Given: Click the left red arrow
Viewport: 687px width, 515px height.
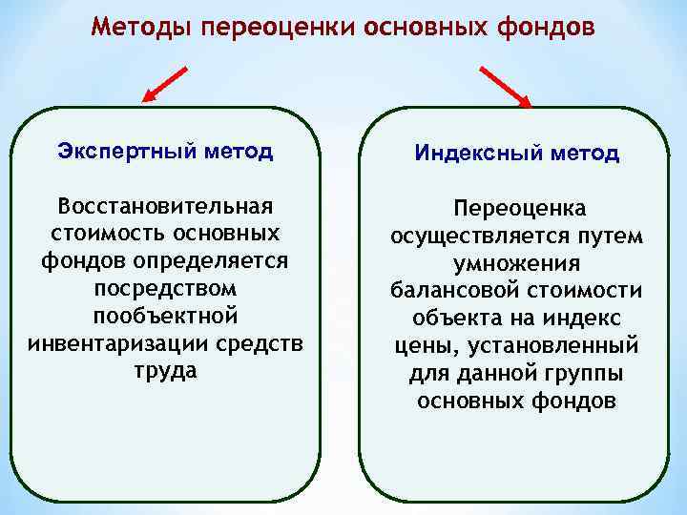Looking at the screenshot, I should (x=168, y=83).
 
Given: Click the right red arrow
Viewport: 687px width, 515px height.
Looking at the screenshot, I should (x=507, y=84).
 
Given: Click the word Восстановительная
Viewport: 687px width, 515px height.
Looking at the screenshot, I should (x=166, y=207).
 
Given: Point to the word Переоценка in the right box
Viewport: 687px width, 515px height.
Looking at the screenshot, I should (x=514, y=208).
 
